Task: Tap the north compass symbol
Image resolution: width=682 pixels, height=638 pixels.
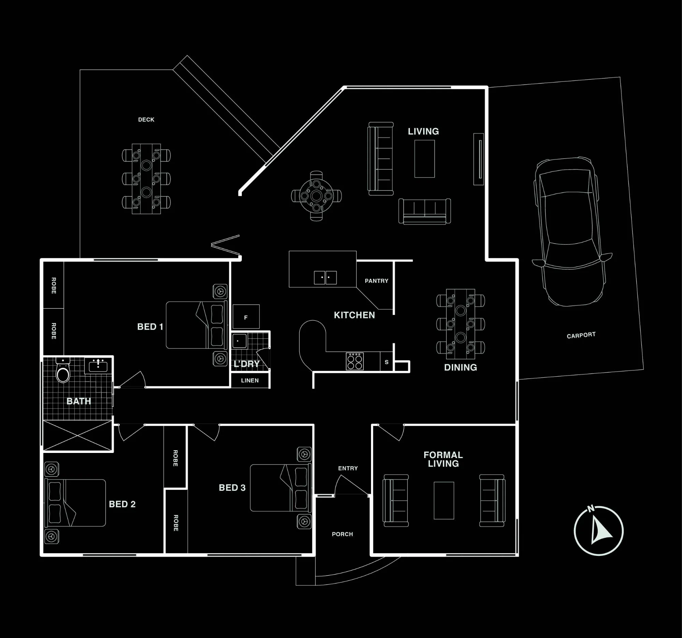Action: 599,530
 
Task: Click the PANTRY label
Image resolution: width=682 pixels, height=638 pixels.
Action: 376,281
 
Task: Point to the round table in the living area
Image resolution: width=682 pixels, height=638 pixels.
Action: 316,196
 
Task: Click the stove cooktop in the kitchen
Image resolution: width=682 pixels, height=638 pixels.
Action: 355,361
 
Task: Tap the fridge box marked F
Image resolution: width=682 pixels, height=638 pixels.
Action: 246,317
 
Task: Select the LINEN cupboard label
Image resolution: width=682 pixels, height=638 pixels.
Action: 250,381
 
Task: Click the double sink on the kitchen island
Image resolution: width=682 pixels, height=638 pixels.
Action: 325,277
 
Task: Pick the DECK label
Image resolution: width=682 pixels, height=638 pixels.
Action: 146,120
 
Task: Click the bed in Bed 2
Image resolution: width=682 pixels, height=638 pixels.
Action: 75,503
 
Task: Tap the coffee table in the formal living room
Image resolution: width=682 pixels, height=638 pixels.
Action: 444,501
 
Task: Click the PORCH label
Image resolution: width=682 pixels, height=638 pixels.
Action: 342,534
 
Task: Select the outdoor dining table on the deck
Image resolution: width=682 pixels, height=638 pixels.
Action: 146,179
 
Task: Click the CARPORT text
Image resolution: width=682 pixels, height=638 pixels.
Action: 581,335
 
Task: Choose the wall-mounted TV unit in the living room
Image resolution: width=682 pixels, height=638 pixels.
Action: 478,159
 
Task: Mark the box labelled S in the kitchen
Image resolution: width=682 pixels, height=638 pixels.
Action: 387,362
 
